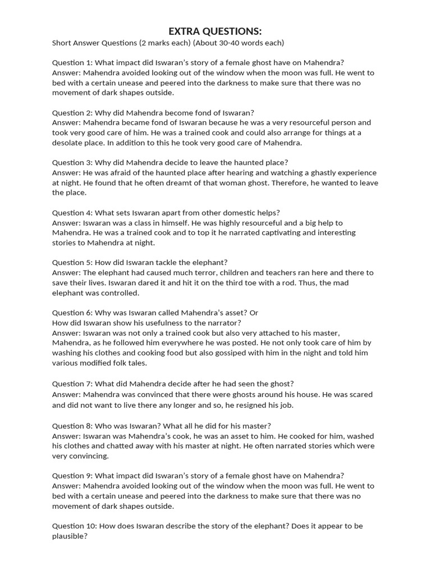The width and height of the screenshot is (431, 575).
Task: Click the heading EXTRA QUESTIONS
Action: [215, 31]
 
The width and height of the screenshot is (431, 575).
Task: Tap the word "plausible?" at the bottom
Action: [70, 536]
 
